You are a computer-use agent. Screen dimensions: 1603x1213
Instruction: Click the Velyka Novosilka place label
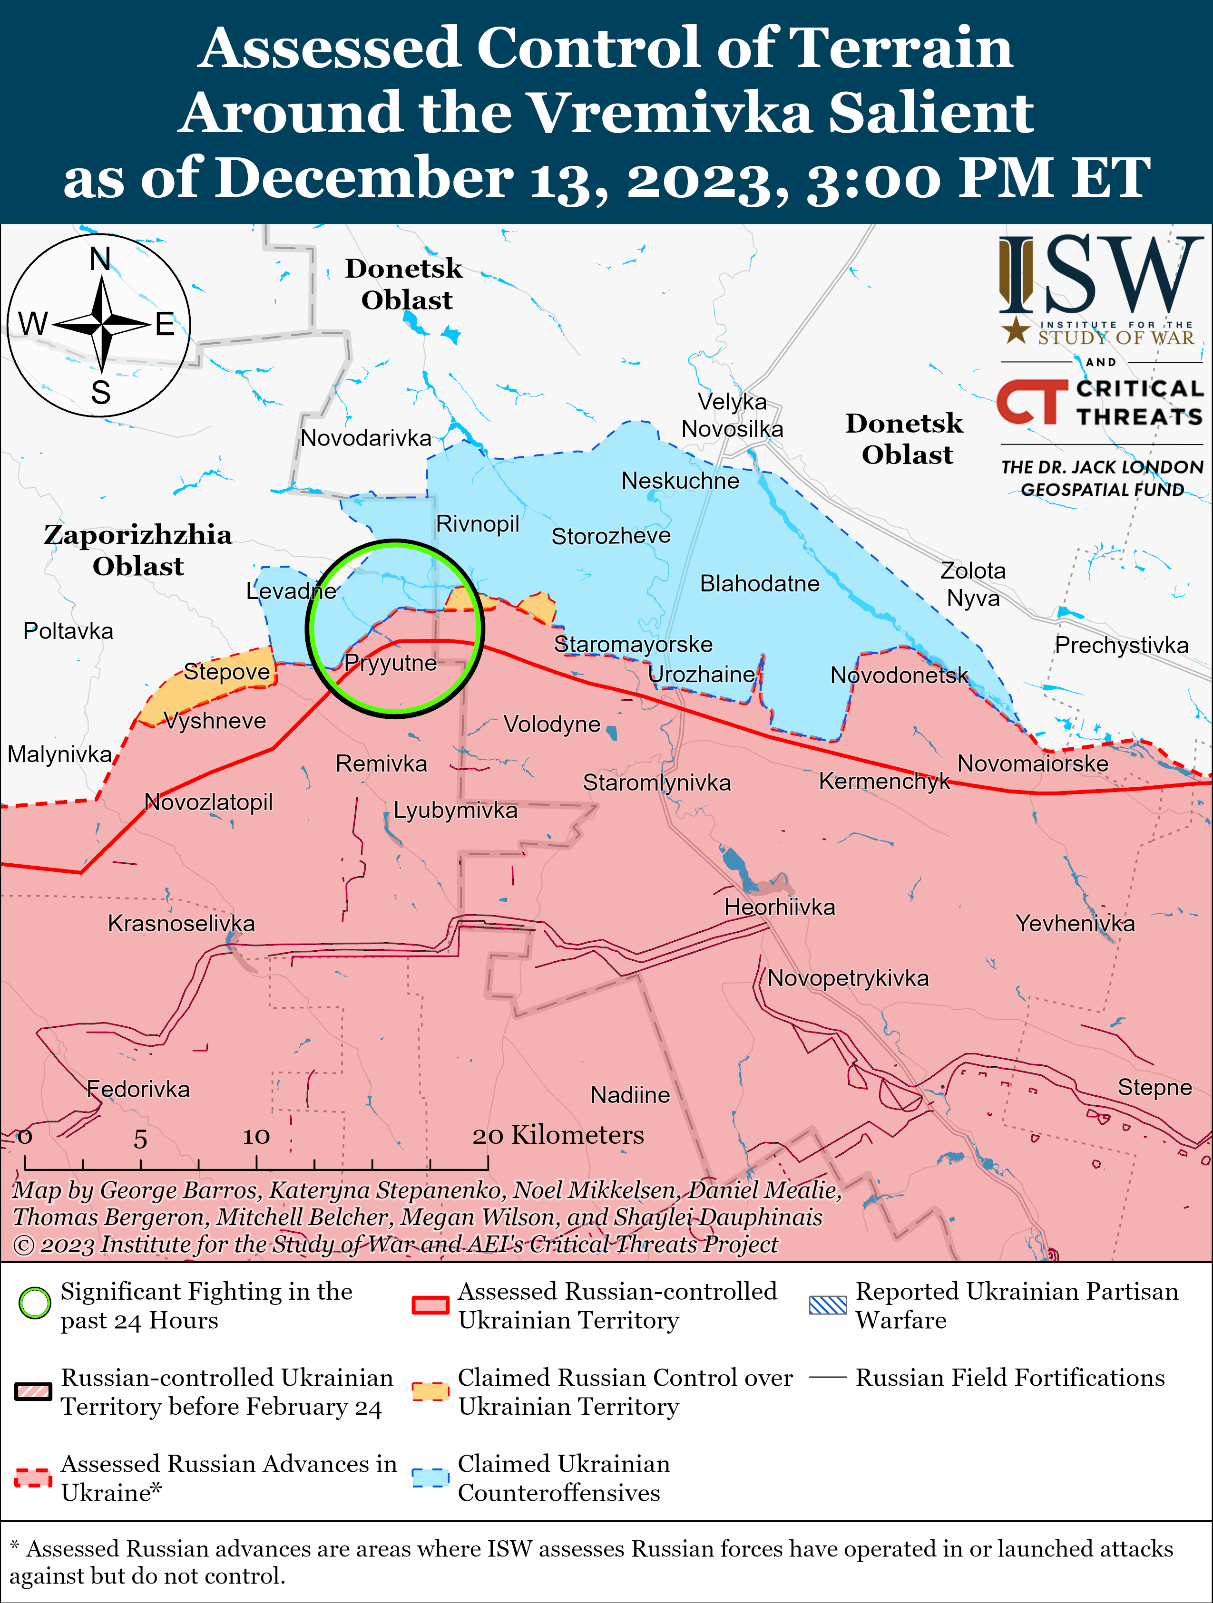(732, 415)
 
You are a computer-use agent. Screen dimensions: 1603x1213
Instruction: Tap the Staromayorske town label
(633, 644)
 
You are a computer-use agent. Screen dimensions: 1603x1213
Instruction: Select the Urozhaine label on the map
(701, 675)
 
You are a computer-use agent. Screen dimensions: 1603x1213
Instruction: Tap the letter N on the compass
(100, 259)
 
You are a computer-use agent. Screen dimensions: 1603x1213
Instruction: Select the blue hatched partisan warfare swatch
(827, 1304)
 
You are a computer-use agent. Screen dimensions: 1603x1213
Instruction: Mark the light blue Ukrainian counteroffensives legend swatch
(430, 1477)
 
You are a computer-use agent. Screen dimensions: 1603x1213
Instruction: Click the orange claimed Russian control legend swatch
(430, 1391)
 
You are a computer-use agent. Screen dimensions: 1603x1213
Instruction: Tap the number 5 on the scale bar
(140, 1139)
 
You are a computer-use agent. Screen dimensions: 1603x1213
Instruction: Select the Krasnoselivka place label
(181, 923)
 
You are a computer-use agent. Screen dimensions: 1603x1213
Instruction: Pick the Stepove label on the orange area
(226, 672)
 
